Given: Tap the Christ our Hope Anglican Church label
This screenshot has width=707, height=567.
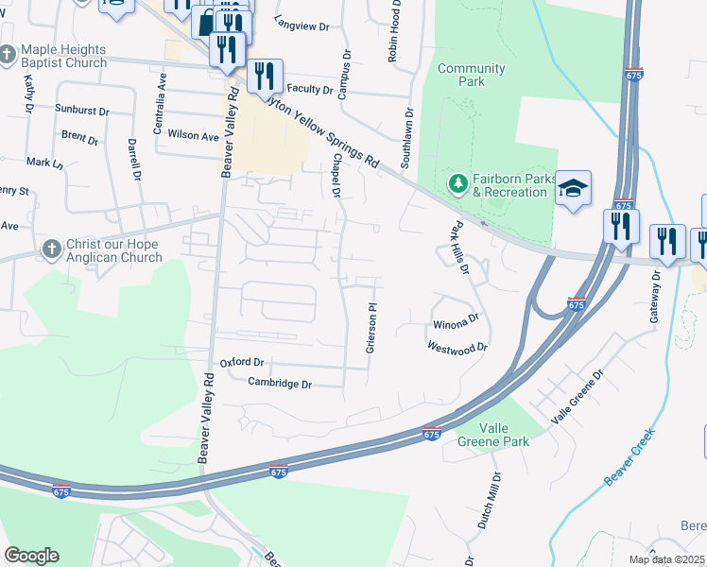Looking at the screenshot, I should pyautogui.click(x=112, y=249).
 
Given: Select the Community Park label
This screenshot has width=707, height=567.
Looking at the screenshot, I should pyautogui.click(x=471, y=75).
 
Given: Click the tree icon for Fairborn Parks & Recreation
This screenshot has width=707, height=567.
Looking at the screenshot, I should pyautogui.click(x=458, y=182).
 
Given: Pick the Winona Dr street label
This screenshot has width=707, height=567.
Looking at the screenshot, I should pyautogui.click(x=457, y=324).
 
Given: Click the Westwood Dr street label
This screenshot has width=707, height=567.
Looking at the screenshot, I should pyautogui.click(x=457, y=347).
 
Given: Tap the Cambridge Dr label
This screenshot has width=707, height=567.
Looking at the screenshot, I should pyautogui.click(x=280, y=383).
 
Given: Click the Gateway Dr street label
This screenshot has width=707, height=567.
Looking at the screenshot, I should pyautogui.click(x=654, y=298).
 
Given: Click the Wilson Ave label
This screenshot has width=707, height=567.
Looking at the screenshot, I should pyautogui.click(x=193, y=135).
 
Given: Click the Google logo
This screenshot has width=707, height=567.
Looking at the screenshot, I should pyautogui.click(x=31, y=555).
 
